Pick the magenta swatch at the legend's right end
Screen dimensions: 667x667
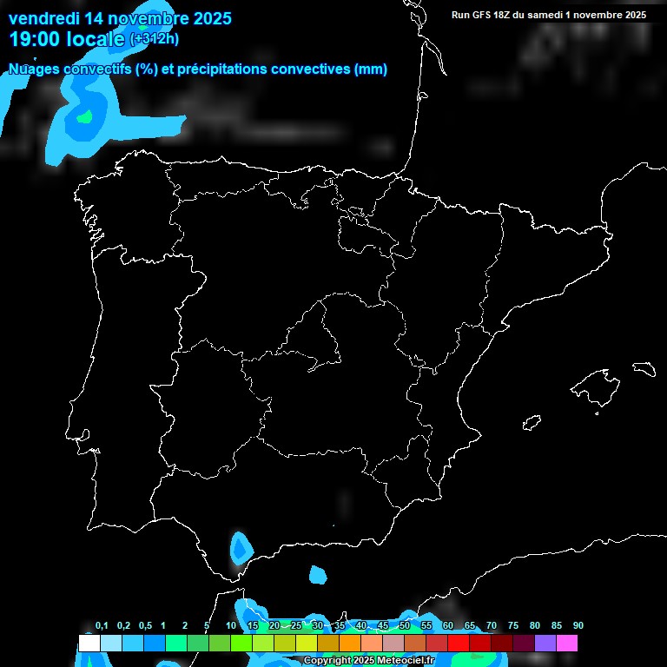click(567, 644)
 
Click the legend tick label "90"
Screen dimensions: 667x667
click(578, 626)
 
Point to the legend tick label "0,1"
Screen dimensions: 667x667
click(102, 626)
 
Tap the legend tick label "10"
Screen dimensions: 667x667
click(231, 626)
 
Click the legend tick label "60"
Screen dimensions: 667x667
click(448, 626)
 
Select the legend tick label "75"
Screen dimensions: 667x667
click(513, 626)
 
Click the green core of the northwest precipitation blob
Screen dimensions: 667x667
click(84, 116)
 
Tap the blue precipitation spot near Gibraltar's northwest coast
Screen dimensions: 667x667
click(239, 549)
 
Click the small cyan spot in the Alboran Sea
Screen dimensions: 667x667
click(318, 574)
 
